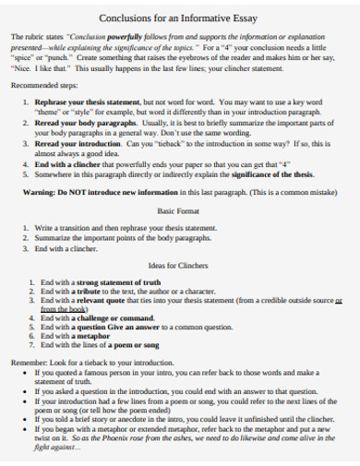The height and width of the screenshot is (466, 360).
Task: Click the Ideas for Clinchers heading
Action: pos(178,266)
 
